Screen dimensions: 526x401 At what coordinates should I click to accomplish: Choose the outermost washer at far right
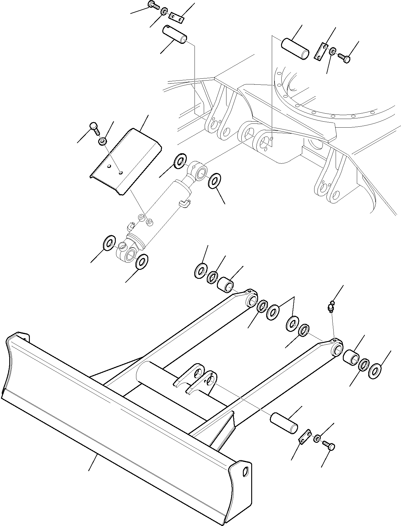point(375,371)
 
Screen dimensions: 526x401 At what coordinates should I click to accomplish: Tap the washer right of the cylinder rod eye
point(215,181)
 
